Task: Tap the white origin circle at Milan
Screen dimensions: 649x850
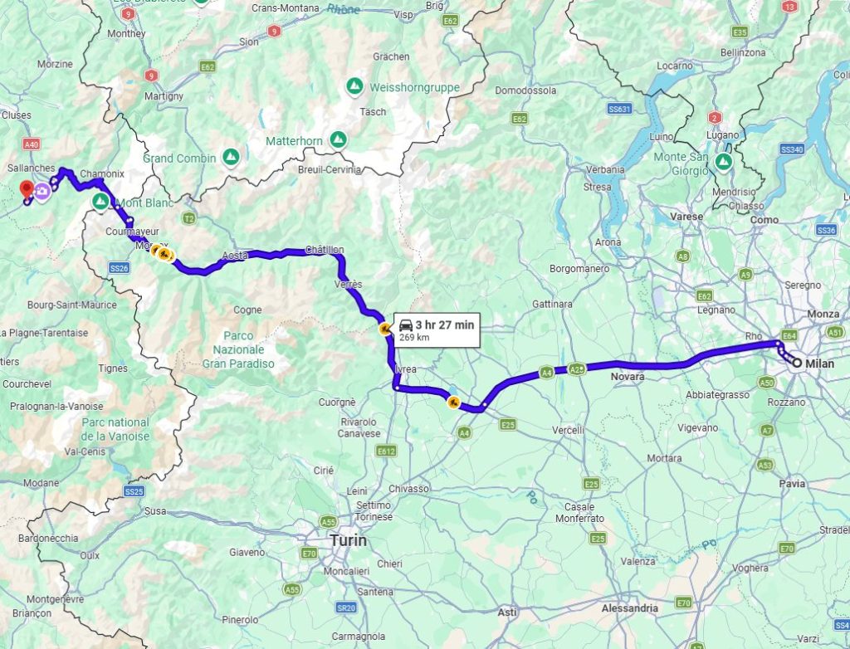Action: click(796, 363)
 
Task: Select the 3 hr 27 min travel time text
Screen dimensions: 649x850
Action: click(444, 324)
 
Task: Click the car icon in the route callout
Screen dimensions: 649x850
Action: click(406, 324)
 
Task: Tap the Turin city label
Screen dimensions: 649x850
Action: click(348, 540)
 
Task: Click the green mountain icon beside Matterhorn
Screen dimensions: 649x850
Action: click(338, 139)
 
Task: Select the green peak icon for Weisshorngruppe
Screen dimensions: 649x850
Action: click(354, 86)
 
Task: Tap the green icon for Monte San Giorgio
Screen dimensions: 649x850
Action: click(723, 162)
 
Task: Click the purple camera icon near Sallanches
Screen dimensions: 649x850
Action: click(42, 191)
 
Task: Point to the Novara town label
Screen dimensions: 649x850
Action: click(627, 377)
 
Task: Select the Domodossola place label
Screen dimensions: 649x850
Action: click(525, 90)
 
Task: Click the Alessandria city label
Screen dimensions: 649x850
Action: click(629, 608)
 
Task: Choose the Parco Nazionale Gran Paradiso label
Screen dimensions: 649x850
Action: click(238, 349)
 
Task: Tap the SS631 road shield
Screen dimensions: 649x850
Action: click(619, 109)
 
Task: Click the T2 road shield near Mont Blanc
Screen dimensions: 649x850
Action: click(189, 219)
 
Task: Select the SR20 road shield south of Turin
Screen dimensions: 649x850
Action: click(346, 608)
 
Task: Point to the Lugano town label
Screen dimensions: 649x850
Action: click(724, 134)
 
